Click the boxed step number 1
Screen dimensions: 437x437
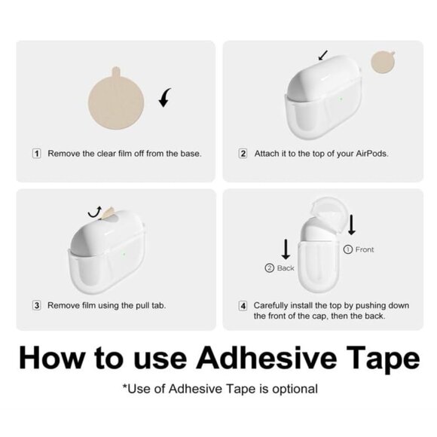[37, 154]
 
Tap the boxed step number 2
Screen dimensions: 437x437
[243, 154]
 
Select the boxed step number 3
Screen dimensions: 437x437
[37, 305]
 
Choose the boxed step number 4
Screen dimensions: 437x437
[243, 306]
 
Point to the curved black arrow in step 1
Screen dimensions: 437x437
[164, 98]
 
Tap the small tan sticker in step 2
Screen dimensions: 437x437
[383, 62]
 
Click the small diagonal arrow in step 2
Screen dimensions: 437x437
[323, 55]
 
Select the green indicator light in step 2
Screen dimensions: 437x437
[341, 99]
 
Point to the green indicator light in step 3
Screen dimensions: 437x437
[124, 254]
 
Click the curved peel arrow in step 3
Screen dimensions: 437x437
[95, 213]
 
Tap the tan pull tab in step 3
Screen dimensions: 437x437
[107, 213]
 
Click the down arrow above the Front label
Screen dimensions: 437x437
[352, 225]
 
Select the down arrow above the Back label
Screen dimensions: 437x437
[286, 249]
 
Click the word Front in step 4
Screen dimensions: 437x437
[365, 249]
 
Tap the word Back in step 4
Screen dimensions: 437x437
[286, 268]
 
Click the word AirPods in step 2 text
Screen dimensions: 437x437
[371, 154]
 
